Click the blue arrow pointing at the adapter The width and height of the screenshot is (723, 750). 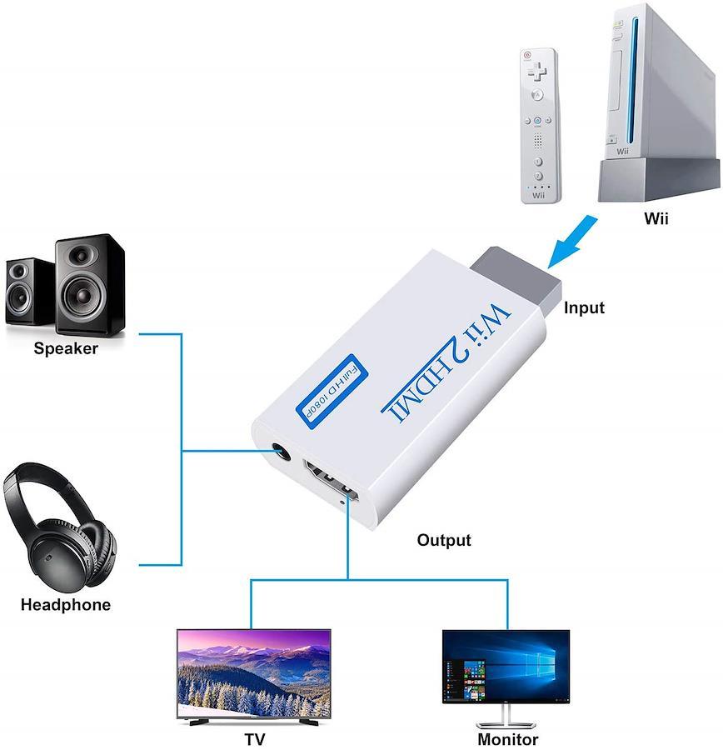click(572, 242)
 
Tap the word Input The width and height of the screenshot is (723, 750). click(584, 307)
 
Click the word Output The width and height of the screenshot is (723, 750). click(444, 540)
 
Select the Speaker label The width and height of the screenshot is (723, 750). click(66, 348)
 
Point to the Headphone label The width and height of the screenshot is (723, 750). click(66, 605)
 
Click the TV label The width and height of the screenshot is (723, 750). click(255, 739)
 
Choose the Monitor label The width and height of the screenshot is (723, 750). click(507, 739)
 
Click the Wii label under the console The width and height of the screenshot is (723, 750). click(656, 218)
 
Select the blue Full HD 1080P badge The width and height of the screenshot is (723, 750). click(332, 392)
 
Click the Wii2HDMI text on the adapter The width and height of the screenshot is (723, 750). click(446, 362)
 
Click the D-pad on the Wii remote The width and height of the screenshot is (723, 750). click(537, 72)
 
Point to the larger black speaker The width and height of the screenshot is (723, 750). click(89, 284)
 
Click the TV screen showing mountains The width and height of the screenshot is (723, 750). click(254, 674)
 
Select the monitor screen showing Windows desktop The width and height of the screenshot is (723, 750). click(506, 667)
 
